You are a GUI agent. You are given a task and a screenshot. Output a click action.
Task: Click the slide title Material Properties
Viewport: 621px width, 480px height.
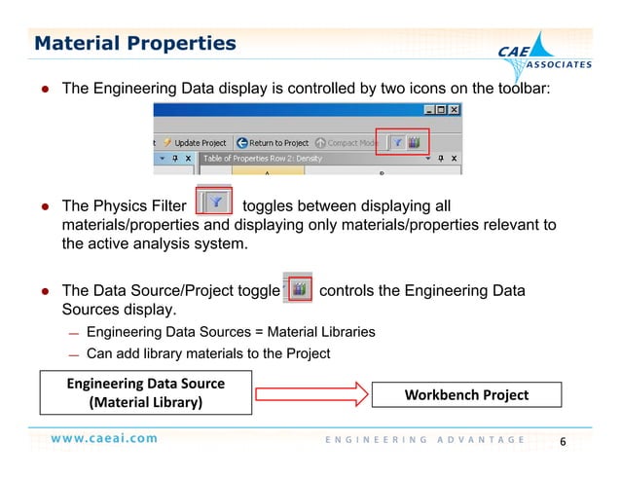pos(135,44)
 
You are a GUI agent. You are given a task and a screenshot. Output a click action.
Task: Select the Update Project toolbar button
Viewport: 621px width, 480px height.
pos(195,143)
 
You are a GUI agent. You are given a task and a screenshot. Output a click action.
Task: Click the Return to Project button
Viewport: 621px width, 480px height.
pos(274,143)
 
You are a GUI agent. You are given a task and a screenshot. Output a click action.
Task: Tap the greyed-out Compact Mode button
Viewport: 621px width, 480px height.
pos(347,143)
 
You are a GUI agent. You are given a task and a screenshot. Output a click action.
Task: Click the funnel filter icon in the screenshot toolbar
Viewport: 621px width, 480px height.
pos(399,142)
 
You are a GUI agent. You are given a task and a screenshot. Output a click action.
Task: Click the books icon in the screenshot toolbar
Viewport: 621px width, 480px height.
pos(416,142)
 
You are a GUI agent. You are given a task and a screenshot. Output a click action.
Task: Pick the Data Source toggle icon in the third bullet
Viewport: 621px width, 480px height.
pos(301,289)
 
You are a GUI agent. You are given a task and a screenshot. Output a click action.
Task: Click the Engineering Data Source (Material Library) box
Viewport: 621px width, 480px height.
pos(145,392)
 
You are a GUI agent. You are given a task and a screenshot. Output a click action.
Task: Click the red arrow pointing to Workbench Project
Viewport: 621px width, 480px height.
pos(312,394)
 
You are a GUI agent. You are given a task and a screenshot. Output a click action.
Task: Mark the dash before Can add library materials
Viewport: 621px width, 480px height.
pos(74,354)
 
